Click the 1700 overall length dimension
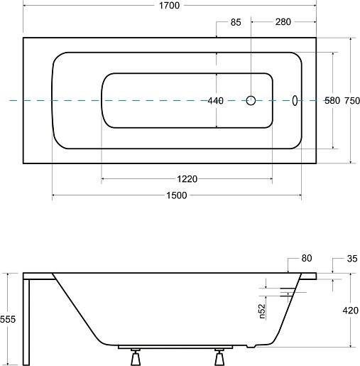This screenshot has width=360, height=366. (x=169, y=5)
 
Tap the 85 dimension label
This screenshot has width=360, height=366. (x=236, y=22)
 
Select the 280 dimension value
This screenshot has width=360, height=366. (x=283, y=22)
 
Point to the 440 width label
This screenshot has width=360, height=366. (x=215, y=101)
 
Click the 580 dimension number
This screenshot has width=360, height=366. (x=332, y=100)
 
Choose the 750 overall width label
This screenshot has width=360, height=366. (x=352, y=101)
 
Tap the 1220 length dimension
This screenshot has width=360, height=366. (x=187, y=179)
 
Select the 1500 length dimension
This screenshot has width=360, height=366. (x=177, y=195)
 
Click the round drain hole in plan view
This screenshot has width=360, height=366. (x=251, y=100)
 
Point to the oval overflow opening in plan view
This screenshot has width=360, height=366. (x=295, y=100)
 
